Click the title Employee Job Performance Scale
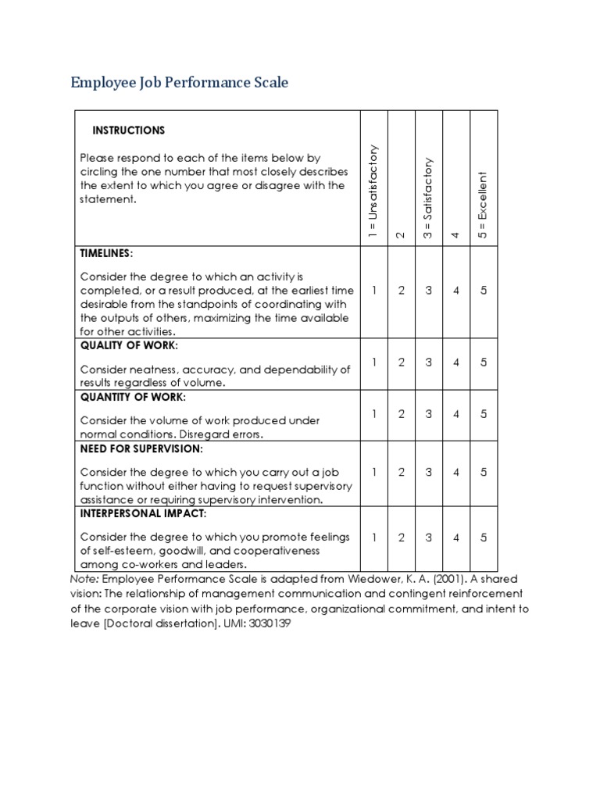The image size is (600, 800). click(179, 82)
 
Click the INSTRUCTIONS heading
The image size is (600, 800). click(129, 130)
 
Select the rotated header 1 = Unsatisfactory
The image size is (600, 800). click(373, 191)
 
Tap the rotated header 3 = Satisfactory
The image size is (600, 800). click(428, 199)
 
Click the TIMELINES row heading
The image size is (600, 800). click(106, 253)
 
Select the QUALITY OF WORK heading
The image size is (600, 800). click(129, 345)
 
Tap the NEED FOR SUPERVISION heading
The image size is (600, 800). click(141, 448)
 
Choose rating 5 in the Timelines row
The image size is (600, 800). click(484, 291)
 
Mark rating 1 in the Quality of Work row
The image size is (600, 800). click(374, 362)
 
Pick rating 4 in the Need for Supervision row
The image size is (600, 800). click(456, 472)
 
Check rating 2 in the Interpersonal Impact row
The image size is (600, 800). click(402, 537)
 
